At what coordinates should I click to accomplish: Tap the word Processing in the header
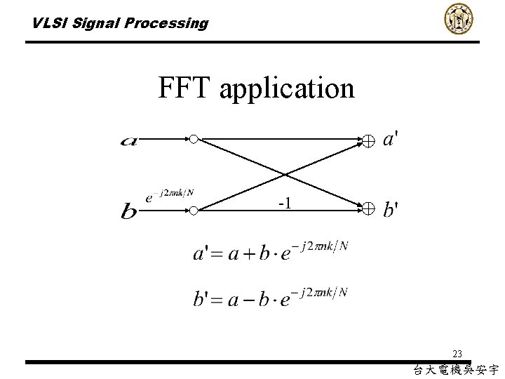pyautogui.click(x=166, y=24)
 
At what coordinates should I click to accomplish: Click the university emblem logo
pyautogui.click(x=459, y=18)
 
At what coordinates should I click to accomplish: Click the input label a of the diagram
pyautogui.click(x=129, y=141)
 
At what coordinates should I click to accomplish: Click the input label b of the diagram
pyautogui.click(x=129, y=211)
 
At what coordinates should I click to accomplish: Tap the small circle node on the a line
pyautogui.click(x=194, y=139)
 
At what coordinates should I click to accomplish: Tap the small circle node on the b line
pyautogui.click(x=194, y=209)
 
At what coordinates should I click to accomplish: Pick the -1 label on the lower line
pyautogui.click(x=285, y=204)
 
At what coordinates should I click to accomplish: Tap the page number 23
pyautogui.click(x=457, y=354)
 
